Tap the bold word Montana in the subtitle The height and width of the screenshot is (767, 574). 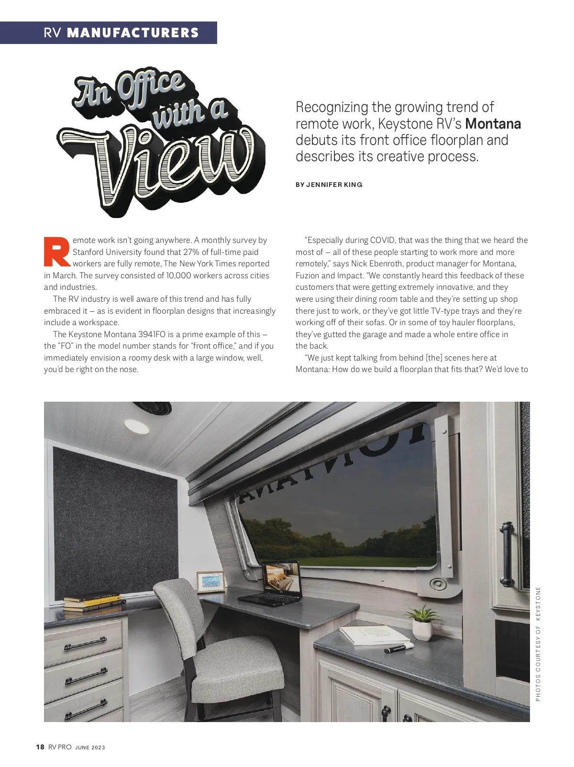click(x=493, y=124)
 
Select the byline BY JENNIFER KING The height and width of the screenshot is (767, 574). click(x=329, y=185)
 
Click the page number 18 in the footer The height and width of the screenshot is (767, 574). click(x=40, y=747)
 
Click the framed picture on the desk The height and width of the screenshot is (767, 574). click(x=210, y=581)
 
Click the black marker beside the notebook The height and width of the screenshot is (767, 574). click(x=398, y=648)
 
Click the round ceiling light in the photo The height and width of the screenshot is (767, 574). click(x=136, y=426)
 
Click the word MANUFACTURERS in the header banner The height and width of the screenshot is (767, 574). click(x=133, y=33)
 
